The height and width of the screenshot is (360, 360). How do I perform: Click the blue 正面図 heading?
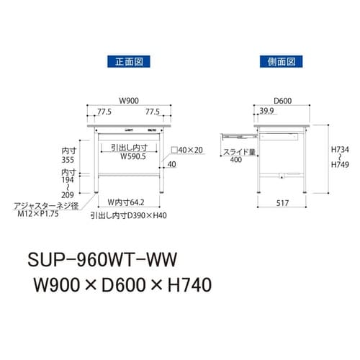point(127,63)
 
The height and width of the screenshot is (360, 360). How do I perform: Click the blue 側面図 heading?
point(280,63)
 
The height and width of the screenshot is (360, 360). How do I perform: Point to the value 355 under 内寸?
point(69,161)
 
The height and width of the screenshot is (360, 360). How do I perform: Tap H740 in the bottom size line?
point(185,287)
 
